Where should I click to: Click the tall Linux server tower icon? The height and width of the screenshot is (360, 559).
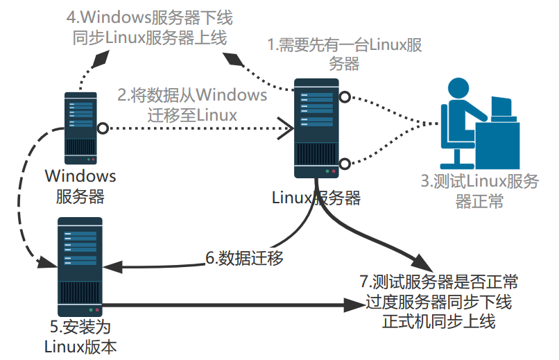click(316, 129)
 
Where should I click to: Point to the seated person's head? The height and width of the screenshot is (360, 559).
click(459, 89)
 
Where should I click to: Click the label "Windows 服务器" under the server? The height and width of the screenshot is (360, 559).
click(80, 186)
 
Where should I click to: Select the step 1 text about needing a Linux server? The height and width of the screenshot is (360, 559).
click(345, 55)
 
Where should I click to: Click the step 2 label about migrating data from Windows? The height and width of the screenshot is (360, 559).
click(192, 104)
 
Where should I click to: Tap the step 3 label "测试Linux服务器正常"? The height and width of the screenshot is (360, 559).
click(479, 191)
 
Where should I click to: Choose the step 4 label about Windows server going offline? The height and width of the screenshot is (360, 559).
click(149, 27)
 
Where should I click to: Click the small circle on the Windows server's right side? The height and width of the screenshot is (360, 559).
click(103, 128)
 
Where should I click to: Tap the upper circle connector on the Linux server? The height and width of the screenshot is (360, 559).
click(344, 96)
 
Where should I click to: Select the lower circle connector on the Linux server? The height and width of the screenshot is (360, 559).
click(344, 164)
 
